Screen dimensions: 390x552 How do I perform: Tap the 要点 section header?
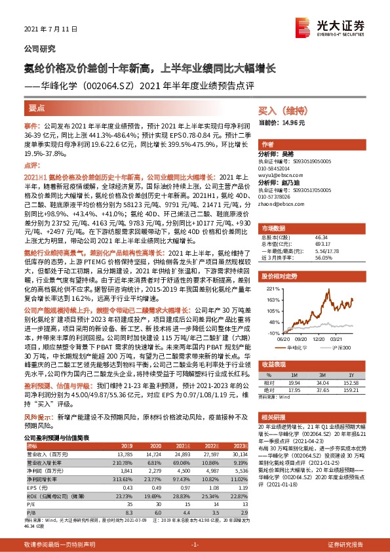pyautogui.click(x=37, y=106)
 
